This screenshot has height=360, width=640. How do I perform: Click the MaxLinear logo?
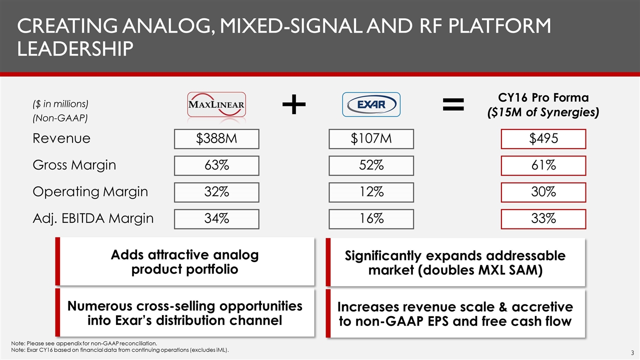[x=216, y=104]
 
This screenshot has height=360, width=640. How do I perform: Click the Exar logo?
[x=371, y=104]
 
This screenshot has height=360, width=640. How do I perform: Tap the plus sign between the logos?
[x=294, y=104]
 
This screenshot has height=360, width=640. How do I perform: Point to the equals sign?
[x=453, y=104]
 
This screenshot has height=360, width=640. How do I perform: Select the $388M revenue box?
[x=216, y=139]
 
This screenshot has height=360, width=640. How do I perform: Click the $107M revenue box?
[x=371, y=139]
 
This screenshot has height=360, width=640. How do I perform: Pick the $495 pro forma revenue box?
[x=543, y=139]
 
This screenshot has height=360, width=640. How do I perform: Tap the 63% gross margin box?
[x=216, y=165]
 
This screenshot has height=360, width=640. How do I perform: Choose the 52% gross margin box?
[x=371, y=165]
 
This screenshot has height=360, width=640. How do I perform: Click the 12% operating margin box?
[x=371, y=192]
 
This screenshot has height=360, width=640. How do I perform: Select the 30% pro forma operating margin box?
[x=543, y=192]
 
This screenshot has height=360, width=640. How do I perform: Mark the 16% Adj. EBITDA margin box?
[x=371, y=219]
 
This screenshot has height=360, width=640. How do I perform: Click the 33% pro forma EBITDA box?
[x=543, y=219]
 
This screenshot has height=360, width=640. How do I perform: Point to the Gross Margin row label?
[x=74, y=165]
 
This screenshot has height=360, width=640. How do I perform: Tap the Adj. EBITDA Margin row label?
[x=93, y=218]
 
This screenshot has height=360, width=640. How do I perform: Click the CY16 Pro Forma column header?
[x=543, y=105]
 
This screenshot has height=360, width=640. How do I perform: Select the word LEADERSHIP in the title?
[x=75, y=48]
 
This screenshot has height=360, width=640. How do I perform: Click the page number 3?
[x=632, y=353]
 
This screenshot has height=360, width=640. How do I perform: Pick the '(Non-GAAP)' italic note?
[x=60, y=118]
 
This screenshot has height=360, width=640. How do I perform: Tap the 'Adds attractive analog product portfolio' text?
[x=185, y=262]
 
